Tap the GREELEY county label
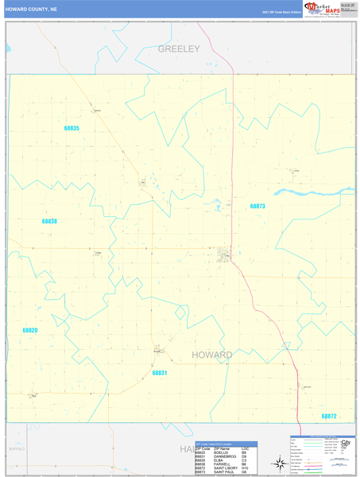[179, 49]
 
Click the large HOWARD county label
[212, 355]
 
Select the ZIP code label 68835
[72, 128]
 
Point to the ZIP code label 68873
[257, 206]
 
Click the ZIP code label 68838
[49, 221]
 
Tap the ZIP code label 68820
[30, 329]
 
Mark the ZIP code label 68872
[329, 416]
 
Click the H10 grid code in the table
[245, 468]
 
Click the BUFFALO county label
[17, 449]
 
